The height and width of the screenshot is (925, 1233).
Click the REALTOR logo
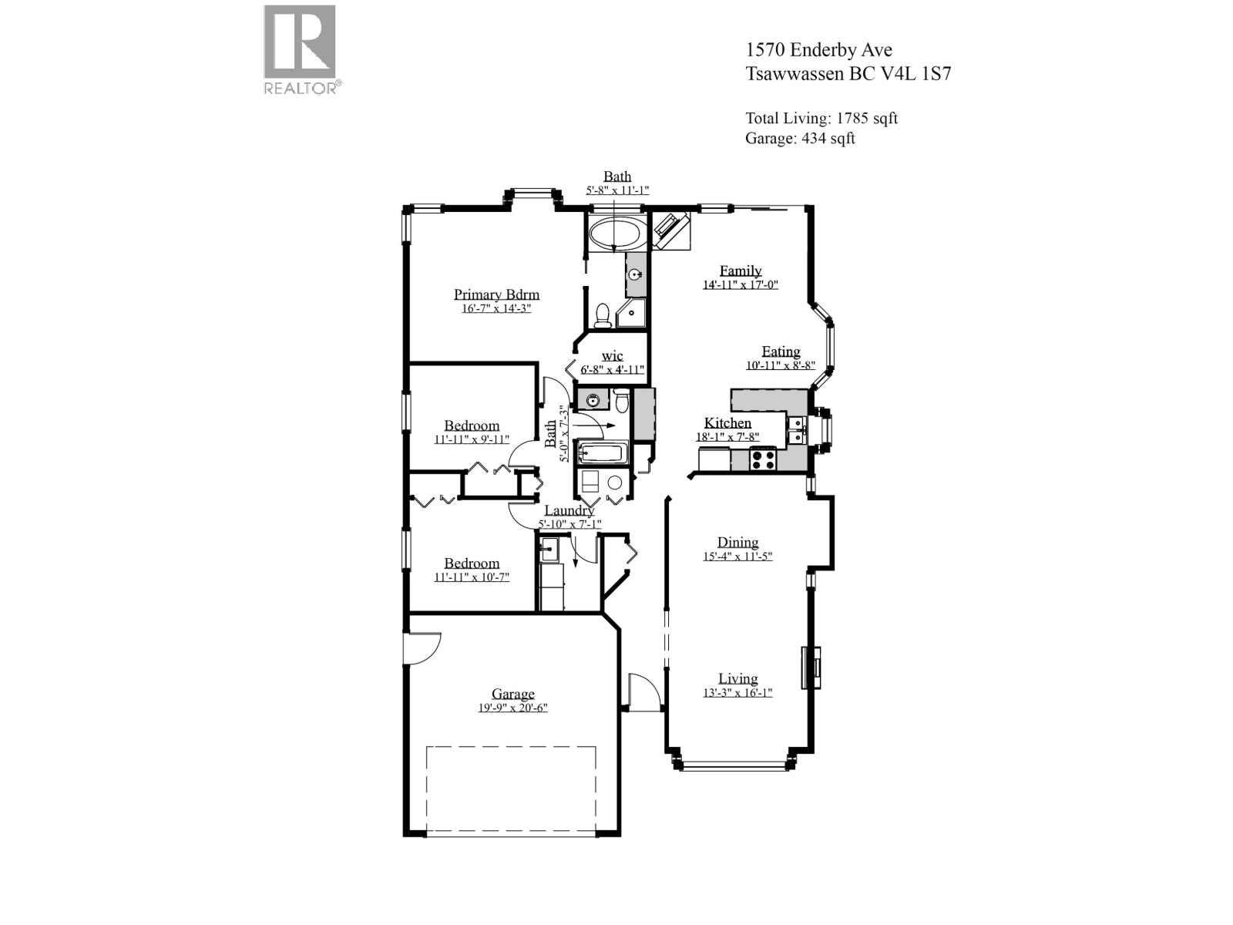click(x=301, y=49)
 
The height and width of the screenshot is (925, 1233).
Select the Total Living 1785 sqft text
click(x=821, y=118)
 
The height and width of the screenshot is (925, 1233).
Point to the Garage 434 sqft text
click(x=800, y=138)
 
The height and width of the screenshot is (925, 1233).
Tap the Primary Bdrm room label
click(x=496, y=294)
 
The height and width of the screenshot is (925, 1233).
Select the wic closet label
click(x=613, y=355)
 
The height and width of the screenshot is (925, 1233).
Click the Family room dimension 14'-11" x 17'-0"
click(x=740, y=284)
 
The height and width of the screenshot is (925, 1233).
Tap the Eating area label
click(x=781, y=351)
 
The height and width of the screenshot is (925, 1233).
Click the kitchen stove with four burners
click(x=763, y=459)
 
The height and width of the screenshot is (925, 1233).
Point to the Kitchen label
click(x=727, y=423)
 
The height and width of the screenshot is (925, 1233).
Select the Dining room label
click(x=737, y=542)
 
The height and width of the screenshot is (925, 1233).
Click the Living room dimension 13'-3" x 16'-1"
click(x=737, y=692)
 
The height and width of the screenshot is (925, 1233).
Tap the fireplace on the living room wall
click(x=811, y=667)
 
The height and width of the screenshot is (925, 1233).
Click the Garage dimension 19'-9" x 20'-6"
click(x=512, y=708)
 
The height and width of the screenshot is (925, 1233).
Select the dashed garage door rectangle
click(x=511, y=790)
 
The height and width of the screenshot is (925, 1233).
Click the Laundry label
click(x=569, y=510)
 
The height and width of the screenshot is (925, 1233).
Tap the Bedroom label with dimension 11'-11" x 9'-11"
click(x=472, y=425)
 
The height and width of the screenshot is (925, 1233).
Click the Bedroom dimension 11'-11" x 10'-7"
click(x=472, y=577)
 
